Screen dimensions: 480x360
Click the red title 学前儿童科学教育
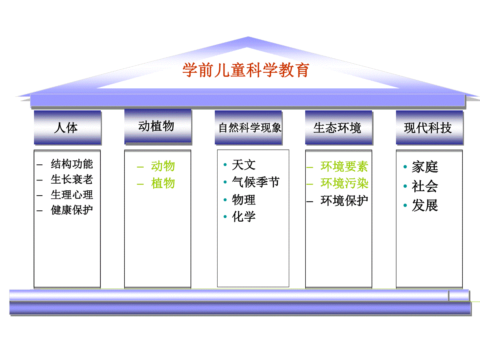coord(246,70)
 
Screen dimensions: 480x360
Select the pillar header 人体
coord(67,128)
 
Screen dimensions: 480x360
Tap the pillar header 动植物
coord(158,126)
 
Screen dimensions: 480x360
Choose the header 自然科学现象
coord(248,128)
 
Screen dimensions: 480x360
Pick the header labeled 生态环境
coord(338,128)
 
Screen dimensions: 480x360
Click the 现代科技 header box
coord(429,128)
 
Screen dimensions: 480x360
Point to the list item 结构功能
coord(72,164)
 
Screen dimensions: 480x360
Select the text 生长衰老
coord(72,179)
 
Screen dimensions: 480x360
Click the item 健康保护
coord(72,210)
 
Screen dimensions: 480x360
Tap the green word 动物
coord(163,166)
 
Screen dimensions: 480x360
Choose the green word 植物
coord(163,183)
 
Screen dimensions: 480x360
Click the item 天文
coord(244,165)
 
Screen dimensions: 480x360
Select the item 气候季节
coord(256,182)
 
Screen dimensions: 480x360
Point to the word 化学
coord(244,217)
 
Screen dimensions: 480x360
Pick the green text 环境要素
coord(344,166)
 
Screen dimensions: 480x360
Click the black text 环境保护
coord(344,201)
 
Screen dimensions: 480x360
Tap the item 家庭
coord(425,167)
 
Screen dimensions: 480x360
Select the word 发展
coord(425,205)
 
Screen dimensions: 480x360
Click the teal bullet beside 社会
coord(405,186)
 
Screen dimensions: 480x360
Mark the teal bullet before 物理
coord(225,200)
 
